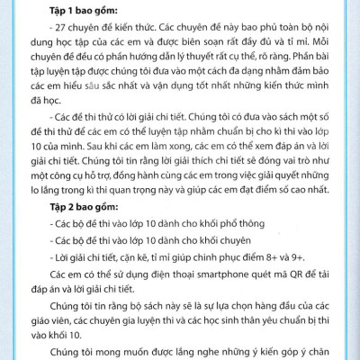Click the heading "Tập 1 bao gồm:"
(x=78, y=9)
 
